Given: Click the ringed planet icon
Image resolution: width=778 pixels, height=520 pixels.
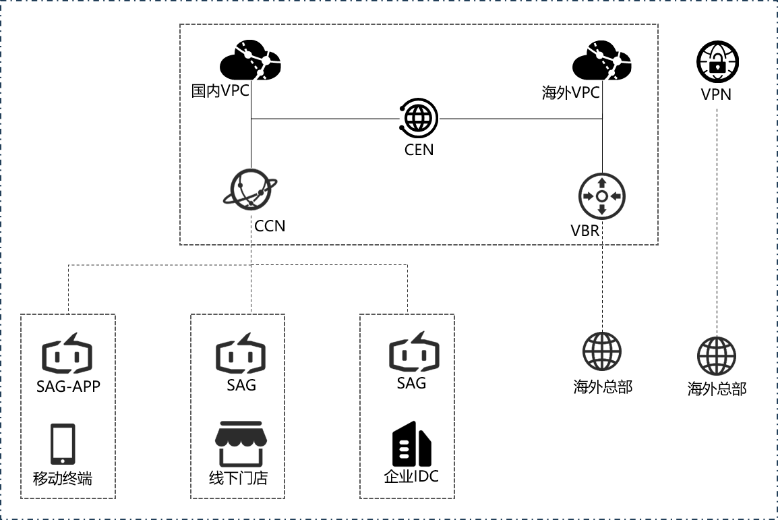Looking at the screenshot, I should tap(251, 188).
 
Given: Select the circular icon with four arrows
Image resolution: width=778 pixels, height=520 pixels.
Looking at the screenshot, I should tap(602, 196).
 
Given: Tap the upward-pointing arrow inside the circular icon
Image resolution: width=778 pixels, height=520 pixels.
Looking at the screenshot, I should tap(602, 183).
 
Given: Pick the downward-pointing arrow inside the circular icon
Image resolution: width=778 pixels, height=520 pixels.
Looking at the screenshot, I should tap(602, 209).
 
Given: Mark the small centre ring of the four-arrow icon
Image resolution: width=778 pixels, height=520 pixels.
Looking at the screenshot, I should tap(602, 196).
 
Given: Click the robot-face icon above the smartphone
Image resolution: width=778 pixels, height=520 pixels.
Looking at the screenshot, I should tap(67, 354).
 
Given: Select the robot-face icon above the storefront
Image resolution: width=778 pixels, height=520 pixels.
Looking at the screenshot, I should tap(241, 354).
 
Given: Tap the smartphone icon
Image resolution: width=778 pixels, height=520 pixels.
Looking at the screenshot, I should tap(63, 444).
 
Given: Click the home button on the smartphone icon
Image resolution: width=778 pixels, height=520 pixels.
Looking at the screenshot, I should tap(63, 461).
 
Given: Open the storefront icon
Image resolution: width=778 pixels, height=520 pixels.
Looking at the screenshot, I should tap(241, 444).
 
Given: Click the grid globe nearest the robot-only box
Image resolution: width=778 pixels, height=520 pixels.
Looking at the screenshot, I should tap(602, 351).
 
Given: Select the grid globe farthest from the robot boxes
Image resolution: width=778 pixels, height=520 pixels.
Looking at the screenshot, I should tap(716, 355).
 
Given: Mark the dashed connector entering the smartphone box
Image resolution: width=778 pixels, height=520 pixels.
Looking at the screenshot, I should tap(69, 297).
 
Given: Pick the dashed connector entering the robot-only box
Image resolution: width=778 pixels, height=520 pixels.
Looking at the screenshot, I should tap(407, 297).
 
